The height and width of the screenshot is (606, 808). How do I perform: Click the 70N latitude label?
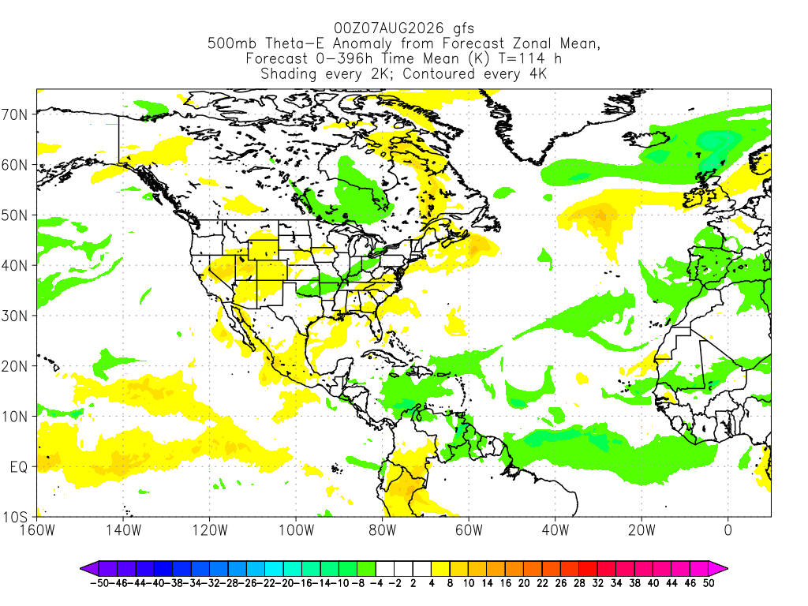coord(14,114)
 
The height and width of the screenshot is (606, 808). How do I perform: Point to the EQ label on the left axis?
coord(19,467)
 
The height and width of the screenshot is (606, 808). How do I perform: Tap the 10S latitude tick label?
coord(14,517)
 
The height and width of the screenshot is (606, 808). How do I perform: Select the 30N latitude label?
coord(14,316)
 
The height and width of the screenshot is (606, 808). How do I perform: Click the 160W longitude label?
coord(37,529)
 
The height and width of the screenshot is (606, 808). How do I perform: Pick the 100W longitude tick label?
coord(297,529)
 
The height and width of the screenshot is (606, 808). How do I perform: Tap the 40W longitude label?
coord(555,529)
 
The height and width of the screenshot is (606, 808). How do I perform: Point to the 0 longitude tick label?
coord(728,529)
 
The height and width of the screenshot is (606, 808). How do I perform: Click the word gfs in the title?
coord(463,28)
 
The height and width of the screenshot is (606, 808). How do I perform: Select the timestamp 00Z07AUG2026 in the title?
coord(389,28)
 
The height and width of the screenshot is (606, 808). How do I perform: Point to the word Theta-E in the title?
coord(297,43)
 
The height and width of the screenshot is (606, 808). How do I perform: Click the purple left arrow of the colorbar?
coord(89,568)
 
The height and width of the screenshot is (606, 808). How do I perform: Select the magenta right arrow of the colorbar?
coord(718,568)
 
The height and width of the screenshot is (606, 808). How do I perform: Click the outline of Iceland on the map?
coord(647,139)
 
